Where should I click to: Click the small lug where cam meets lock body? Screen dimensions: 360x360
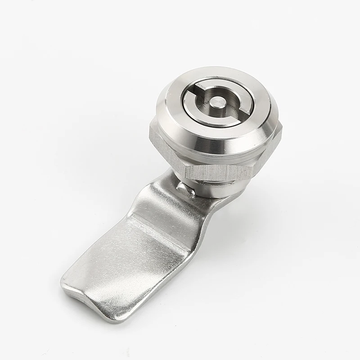[x=186, y=189]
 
